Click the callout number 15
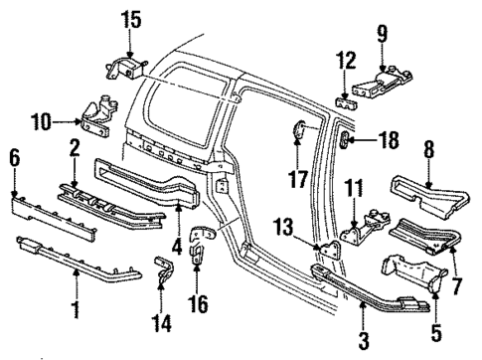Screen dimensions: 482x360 (131, 19)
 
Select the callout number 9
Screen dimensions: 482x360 (382, 34)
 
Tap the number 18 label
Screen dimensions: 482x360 (389, 140)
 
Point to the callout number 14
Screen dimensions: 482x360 (161, 323)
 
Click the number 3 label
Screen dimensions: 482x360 (364, 341)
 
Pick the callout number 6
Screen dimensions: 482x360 (14, 158)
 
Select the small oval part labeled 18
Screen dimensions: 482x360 (344, 140)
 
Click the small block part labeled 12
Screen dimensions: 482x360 (346, 102)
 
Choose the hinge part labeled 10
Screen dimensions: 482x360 (97, 116)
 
